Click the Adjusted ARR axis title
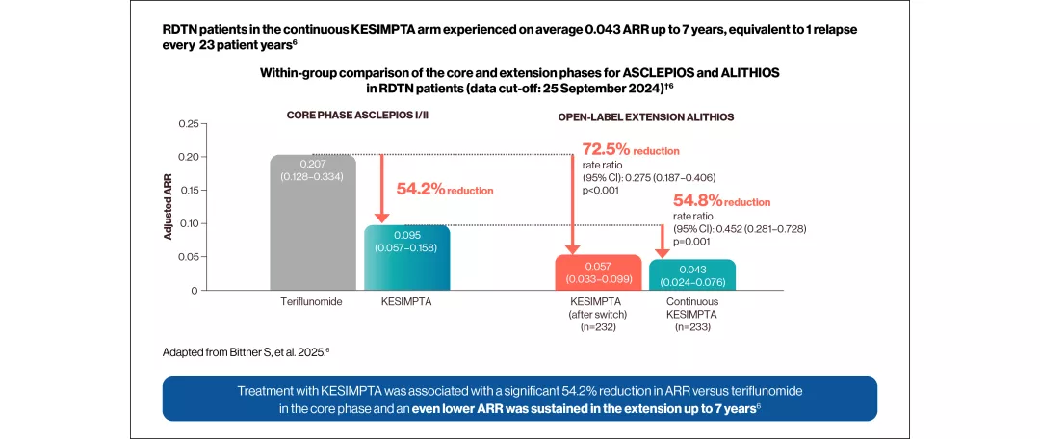pyautogui.click(x=168, y=206)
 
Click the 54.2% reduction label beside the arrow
pyautogui.click(x=444, y=191)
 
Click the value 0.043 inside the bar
pyautogui.click(x=692, y=270)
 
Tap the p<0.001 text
pyautogui.click(x=600, y=190)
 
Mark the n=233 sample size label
pyautogui.click(x=692, y=326)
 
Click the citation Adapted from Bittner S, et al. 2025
pyautogui.click(x=246, y=352)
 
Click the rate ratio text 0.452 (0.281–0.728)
pyautogui.click(x=740, y=229)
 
